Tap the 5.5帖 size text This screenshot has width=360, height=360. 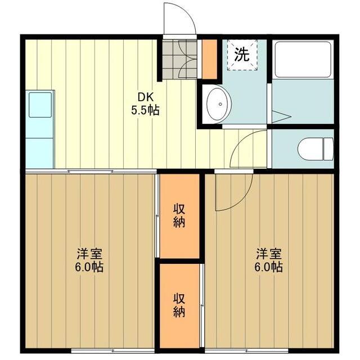(x=146, y=110)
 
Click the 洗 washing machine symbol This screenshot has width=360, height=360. (x=242, y=55)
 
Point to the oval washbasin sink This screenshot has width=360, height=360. (x=218, y=105)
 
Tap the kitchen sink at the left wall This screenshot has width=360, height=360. (x=40, y=105)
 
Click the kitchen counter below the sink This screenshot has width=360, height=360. (x=40, y=143)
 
